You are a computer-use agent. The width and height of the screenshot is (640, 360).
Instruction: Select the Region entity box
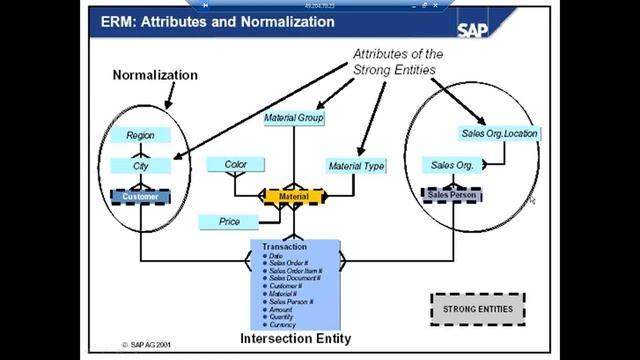click(x=140, y=135)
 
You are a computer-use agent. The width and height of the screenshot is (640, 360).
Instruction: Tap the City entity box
click(x=140, y=165)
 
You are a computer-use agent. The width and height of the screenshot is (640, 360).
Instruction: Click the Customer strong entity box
click(x=141, y=197)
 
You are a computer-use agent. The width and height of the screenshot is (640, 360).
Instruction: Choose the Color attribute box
click(x=236, y=164)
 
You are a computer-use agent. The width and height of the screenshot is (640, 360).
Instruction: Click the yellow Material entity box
click(x=295, y=197)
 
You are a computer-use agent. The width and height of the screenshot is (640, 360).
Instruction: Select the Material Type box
click(x=356, y=166)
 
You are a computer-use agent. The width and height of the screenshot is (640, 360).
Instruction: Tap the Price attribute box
click(x=229, y=221)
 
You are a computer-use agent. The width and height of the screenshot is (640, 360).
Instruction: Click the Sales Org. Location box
click(x=499, y=133)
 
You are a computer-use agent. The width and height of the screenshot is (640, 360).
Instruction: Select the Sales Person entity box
click(x=451, y=196)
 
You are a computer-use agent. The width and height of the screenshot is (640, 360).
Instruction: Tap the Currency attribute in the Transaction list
click(x=284, y=323)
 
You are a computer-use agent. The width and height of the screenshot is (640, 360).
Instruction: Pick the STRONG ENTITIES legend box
click(x=477, y=309)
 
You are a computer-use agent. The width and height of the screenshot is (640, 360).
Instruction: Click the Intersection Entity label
click(x=295, y=338)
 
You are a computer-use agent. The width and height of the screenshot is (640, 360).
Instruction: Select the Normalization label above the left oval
click(x=155, y=75)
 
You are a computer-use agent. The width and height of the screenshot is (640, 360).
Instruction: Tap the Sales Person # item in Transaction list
click(x=291, y=301)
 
